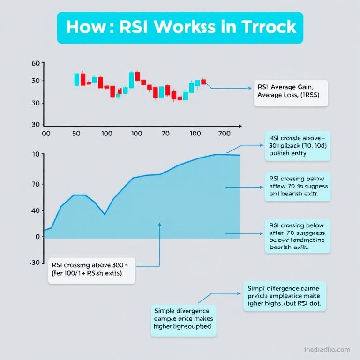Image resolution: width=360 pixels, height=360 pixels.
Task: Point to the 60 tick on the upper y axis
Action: pyautogui.click(x=35, y=63)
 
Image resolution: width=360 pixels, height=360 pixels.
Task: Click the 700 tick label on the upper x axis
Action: pyautogui.click(x=225, y=134)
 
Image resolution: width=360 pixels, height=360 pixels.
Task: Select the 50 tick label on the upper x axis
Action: pyautogui.click(x=76, y=134)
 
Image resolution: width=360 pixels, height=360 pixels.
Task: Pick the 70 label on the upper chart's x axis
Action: pyautogui.click(x=165, y=134)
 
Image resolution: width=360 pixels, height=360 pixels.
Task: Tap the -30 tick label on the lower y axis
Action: pyautogui.click(x=35, y=262)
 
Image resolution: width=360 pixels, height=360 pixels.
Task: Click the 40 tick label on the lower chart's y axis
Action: pyautogui.click(x=36, y=210)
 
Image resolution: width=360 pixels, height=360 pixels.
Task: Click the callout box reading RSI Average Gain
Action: pyautogui.click(x=291, y=93)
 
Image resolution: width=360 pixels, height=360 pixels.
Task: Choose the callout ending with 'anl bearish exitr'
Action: pyautogui.click(x=297, y=187)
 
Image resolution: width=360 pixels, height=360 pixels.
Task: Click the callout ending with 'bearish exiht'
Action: pyautogui.click(x=297, y=236)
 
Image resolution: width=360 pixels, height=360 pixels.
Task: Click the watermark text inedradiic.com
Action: pyautogui.click(x=327, y=350)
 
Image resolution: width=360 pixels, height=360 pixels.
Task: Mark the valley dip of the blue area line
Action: pyautogui.click(x=105, y=214)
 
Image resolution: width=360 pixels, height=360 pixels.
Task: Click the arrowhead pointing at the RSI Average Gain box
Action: pyautogui.click(x=249, y=88)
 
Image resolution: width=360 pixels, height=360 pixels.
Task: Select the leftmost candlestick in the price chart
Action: pyautogui.click(x=77, y=79)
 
